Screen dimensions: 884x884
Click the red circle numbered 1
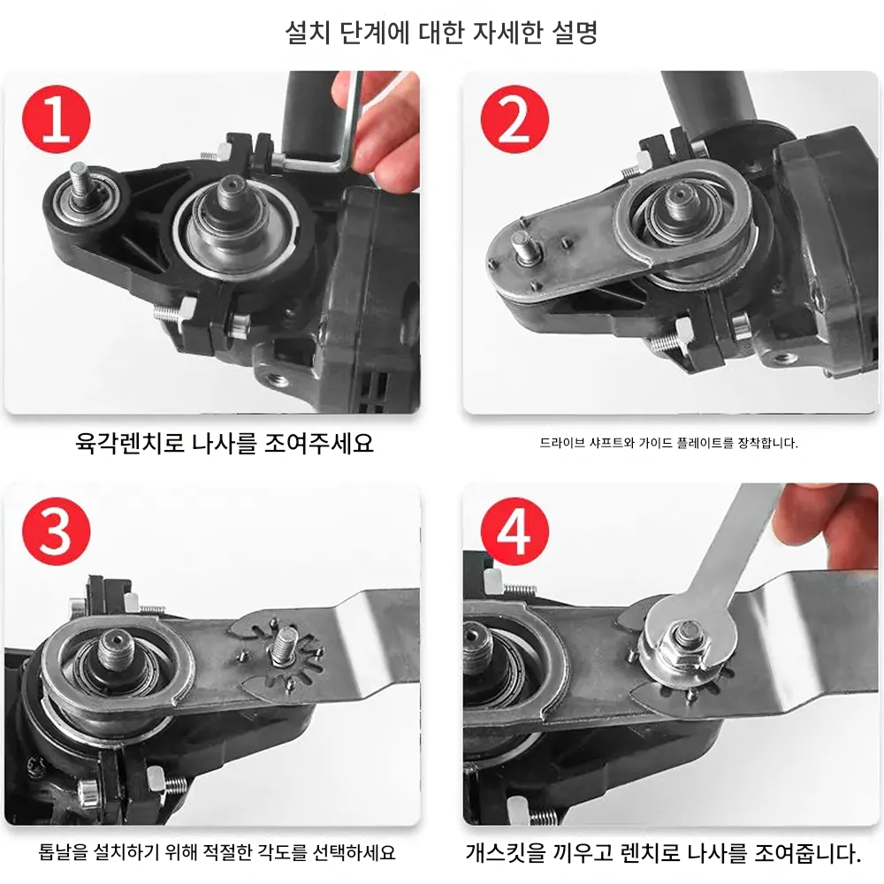point(56,119)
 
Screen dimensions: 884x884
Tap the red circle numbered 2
point(514,119)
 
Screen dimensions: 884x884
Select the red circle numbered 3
point(56,531)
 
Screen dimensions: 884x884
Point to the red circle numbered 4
point(514,531)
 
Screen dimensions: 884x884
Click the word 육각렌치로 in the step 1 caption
point(130,443)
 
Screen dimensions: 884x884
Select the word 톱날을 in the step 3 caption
point(63,852)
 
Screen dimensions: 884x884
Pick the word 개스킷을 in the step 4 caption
point(507,852)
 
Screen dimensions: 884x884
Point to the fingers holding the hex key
point(377,130)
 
